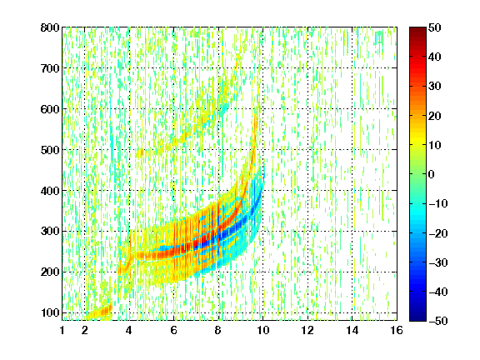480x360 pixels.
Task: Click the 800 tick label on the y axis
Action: (50, 27)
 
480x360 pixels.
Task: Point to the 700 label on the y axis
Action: (50, 68)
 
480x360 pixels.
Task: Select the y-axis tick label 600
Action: (50, 109)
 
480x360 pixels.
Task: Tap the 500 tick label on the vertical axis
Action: (50, 150)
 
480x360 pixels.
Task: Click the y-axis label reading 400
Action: (50, 191)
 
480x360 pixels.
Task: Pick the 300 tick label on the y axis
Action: (50, 232)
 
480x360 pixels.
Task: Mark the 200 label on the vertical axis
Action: (50, 272)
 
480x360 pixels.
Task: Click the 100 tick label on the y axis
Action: (50, 312)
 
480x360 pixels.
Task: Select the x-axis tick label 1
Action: (62, 330)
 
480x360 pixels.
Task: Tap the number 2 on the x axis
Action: (85, 330)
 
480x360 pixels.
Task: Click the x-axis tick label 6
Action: (174, 330)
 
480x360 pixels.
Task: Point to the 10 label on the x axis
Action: (262, 330)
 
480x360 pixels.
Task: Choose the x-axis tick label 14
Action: (352, 330)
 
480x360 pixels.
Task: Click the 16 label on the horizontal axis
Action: (397, 330)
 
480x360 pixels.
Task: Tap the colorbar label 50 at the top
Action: (434, 27)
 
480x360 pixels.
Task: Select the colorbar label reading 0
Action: (432, 174)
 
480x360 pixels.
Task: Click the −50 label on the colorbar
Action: (438, 321)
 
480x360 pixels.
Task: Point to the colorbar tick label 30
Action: (434, 87)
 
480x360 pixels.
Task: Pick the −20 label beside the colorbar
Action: (438, 233)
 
